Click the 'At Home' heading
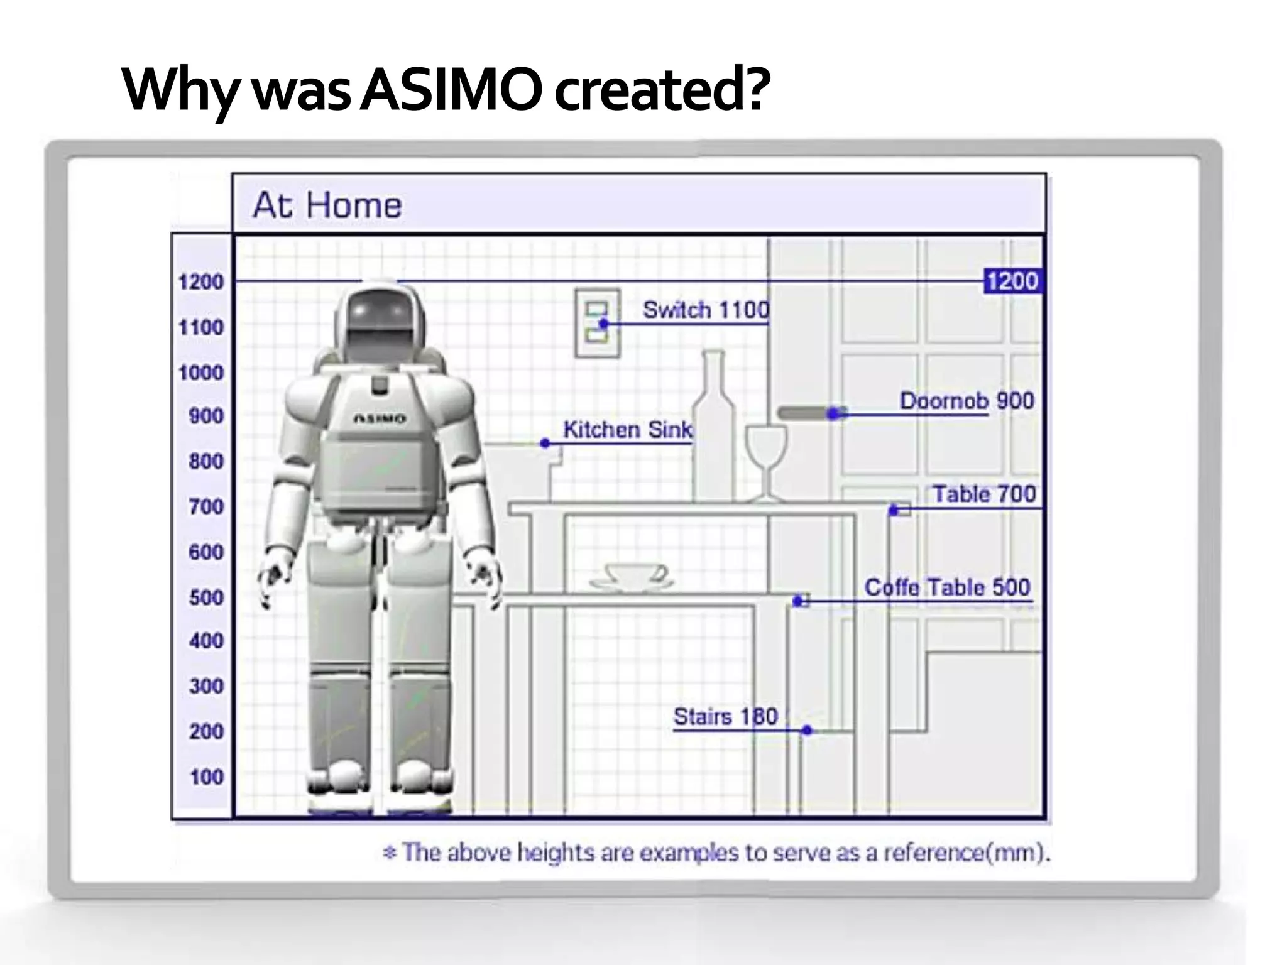pyautogui.click(x=327, y=205)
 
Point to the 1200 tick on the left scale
pyautogui.click(x=200, y=282)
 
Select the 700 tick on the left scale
pyautogui.click(x=205, y=506)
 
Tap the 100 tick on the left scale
pyautogui.click(x=206, y=777)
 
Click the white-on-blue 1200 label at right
pyautogui.click(x=1012, y=281)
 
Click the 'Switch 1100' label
pyautogui.click(x=706, y=310)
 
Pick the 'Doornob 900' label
pyautogui.click(x=967, y=401)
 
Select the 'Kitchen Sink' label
pyautogui.click(x=627, y=430)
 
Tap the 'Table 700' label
pyautogui.click(x=983, y=494)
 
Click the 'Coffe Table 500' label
pyautogui.click(x=947, y=587)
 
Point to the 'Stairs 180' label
pyautogui.click(x=725, y=717)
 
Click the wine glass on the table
pyautogui.click(x=765, y=459)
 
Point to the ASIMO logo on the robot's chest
pyautogui.click(x=380, y=418)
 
